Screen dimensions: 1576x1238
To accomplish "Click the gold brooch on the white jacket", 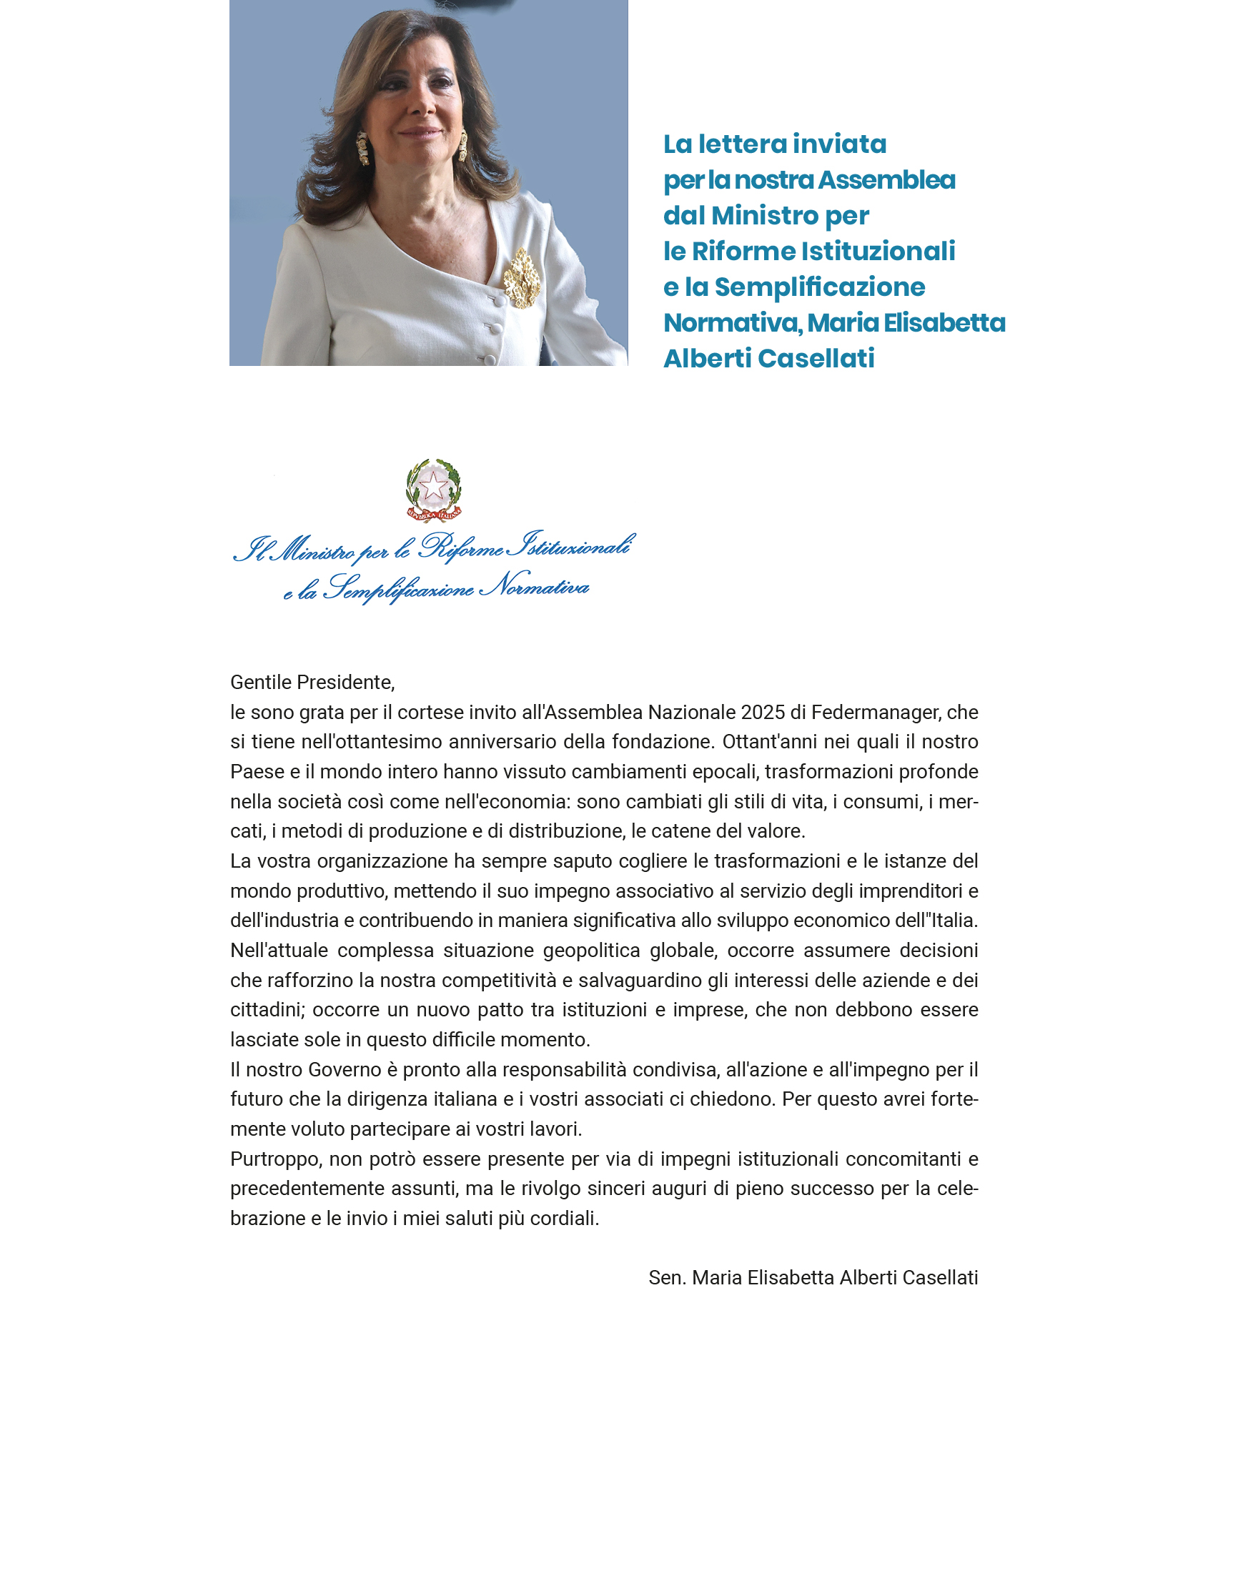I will (522, 278).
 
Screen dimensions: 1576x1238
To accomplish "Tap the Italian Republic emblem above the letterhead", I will (433, 490).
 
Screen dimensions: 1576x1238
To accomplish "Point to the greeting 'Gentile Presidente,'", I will (312, 683).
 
